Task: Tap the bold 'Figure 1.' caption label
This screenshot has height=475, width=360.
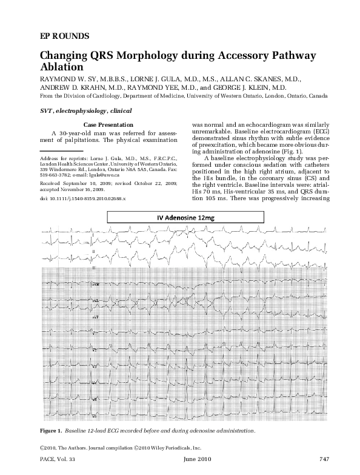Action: coord(53,430)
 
